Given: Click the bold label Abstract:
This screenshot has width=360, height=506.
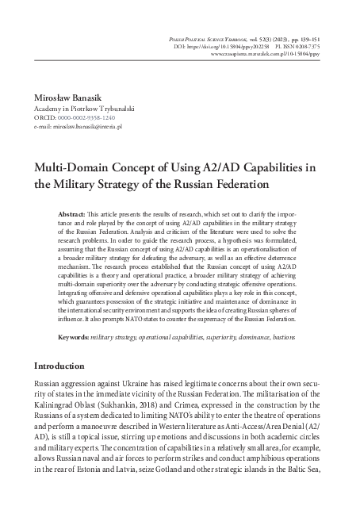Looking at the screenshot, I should pos(74,216).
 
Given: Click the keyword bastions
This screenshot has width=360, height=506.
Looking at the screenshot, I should pos(287,337).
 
